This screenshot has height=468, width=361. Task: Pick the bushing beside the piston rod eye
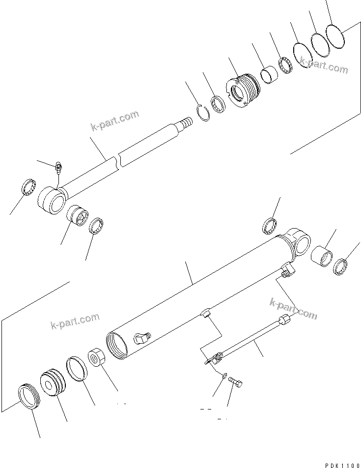pos(77,216)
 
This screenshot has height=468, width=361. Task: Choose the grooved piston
pos(53,382)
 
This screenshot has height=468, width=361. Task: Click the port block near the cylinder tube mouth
pos(141,337)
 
